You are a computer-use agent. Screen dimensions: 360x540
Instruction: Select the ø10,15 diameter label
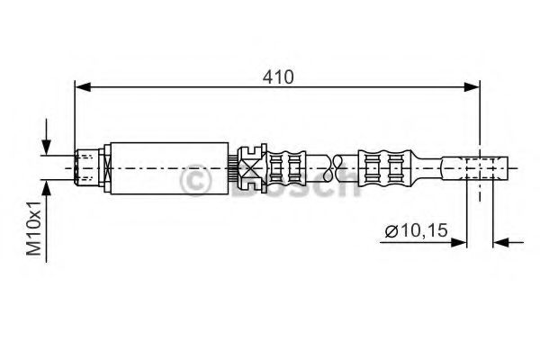click(415, 232)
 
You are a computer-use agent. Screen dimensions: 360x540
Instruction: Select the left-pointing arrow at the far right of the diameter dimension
click(503, 241)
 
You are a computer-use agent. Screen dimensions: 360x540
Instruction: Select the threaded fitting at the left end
click(88, 167)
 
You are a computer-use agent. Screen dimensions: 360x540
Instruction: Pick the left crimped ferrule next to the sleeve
click(289, 167)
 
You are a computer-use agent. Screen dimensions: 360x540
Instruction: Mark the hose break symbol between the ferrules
click(338, 167)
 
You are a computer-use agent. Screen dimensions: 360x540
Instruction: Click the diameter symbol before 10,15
click(391, 232)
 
